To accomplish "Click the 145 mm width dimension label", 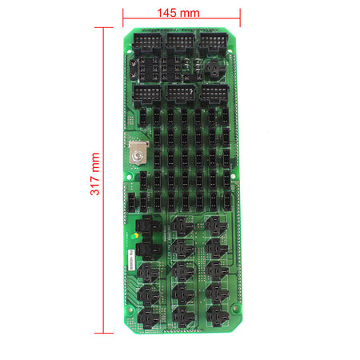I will pos(180,13).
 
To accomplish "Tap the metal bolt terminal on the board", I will pos(138,155).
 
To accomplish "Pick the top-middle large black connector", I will pos(179,42).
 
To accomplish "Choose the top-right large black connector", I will pos(213,42).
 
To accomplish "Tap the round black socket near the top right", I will pos(214,70).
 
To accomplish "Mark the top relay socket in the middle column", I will pos(183,226).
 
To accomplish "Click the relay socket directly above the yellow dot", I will pos(149,228).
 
